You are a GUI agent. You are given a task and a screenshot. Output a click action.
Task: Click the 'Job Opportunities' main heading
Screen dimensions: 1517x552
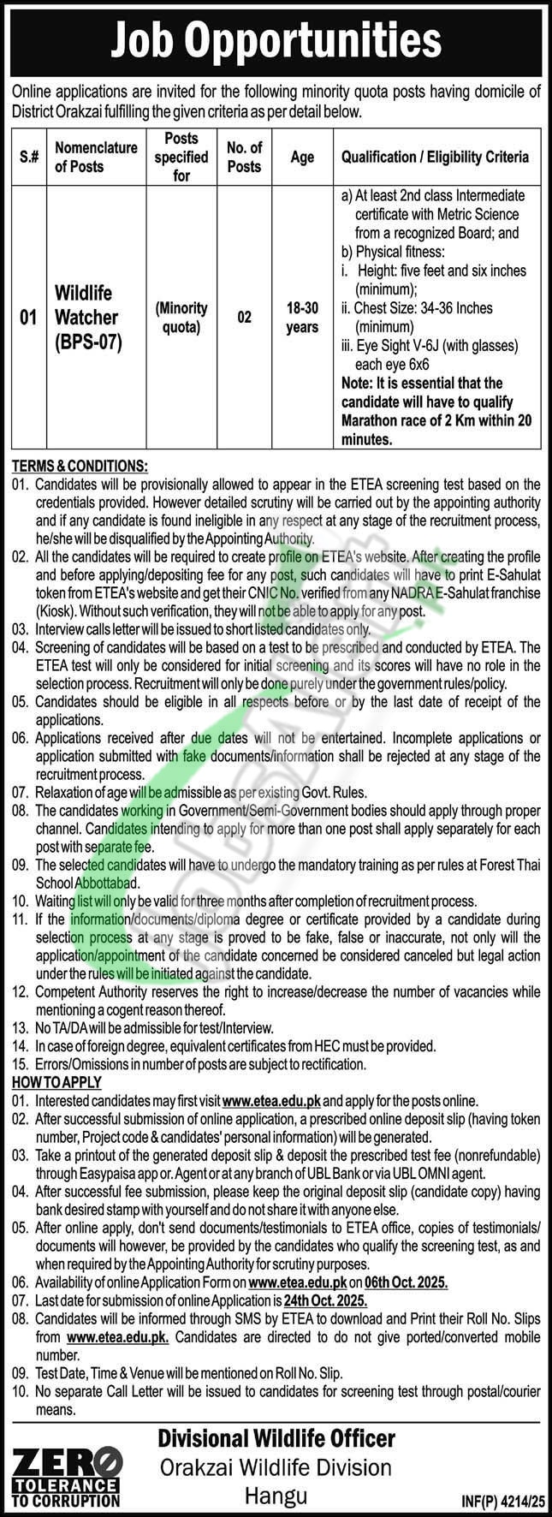point(276,39)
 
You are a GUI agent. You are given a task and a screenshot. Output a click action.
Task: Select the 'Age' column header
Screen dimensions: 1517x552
point(302,157)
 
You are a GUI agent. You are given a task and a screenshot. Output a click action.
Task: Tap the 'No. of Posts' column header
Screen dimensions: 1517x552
point(244,157)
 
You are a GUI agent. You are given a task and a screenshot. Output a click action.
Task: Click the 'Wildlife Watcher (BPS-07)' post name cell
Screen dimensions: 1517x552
point(86,317)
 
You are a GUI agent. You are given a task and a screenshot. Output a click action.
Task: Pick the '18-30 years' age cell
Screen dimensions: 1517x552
point(302,317)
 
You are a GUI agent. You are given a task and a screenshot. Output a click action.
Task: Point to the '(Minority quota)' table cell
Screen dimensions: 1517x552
point(181,317)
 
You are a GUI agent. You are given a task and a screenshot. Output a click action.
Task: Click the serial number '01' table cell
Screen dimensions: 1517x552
point(28,318)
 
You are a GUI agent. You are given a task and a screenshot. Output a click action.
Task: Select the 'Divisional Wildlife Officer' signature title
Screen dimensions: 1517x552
point(276,1437)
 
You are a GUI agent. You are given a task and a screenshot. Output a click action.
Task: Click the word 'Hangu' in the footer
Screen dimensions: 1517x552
point(276,1496)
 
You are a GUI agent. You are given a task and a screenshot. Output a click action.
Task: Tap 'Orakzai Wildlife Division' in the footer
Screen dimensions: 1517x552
point(276,1466)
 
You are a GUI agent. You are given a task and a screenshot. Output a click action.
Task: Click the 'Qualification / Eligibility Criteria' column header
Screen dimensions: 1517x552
point(435,157)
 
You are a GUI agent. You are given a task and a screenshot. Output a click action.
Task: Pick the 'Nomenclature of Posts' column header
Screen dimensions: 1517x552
point(96,157)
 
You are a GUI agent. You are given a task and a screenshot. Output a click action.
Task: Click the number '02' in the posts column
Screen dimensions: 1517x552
point(244,317)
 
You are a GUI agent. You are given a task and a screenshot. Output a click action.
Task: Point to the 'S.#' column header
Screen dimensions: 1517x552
point(28,157)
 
